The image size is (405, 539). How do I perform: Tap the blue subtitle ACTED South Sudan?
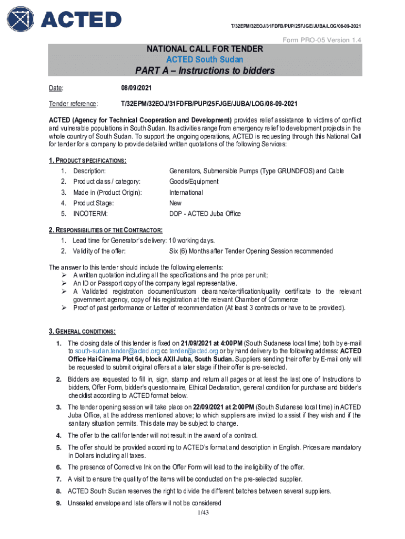click(x=204, y=59)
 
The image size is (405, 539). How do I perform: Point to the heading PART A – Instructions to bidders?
click(x=204, y=71)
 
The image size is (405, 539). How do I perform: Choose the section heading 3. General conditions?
click(x=82, y=332)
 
